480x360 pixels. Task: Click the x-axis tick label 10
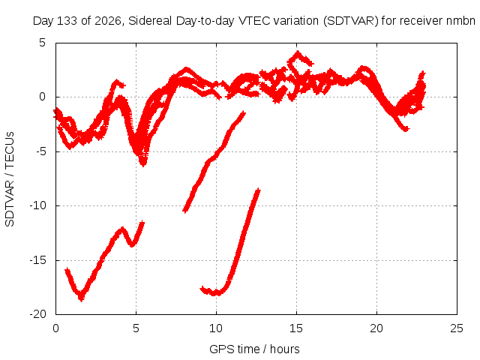click(216, 328)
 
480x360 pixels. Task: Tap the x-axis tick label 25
click(457, 328)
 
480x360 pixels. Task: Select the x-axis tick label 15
click(296, 328)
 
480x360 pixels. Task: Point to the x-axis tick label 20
click(376, 328)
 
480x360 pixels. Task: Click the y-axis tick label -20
click(37, 314)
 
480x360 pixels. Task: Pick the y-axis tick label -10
click(37, 205)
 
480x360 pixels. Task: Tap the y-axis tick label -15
click(37, 260)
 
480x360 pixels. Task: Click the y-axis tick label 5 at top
click(42, 43)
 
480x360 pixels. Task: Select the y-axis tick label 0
click(42, 97)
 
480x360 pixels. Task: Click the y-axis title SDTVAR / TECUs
click(10, 179)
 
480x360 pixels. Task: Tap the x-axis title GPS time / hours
click(254, 349)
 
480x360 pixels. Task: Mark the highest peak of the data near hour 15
click(298, 52)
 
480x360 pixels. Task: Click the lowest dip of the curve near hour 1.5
click(81, 298)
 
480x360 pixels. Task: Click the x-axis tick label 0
click(55, 328)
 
